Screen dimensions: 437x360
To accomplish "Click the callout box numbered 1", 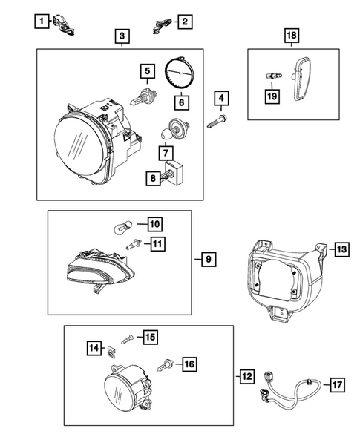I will click(x=45, y=20).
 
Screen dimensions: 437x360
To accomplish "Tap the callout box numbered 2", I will click(x=183, y=20).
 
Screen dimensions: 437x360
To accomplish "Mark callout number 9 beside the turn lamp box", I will click(x=208, y=259).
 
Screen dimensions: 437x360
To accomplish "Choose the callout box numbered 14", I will click(x=95, y=347).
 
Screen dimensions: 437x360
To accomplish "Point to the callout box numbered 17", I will click(x=336, y=384).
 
